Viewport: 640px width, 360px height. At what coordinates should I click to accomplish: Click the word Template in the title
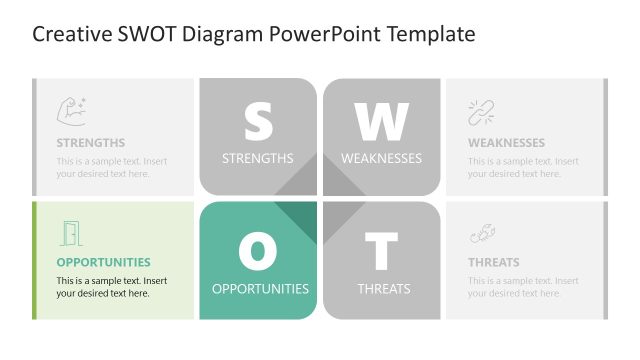click(x=425, y=35)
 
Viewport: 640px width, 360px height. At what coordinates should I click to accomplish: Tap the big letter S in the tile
click(x=258, y=121)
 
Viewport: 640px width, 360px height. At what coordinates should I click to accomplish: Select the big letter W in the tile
click(x=381, y=121)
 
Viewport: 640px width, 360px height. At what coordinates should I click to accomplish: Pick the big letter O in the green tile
click(x=258, y=251)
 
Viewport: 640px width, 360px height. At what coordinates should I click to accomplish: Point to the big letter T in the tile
click(x=381, y=251)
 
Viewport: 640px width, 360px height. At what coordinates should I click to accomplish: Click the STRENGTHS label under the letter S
click(x=258, y=158)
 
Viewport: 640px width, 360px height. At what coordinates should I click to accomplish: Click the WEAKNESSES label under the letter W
click(x=381, y=158)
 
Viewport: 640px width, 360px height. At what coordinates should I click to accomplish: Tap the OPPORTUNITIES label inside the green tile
click(x=260, y=289)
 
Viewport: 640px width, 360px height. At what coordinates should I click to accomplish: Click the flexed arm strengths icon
click(x=71, y=110)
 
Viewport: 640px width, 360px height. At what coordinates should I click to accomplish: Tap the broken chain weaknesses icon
click(x=482, y=112)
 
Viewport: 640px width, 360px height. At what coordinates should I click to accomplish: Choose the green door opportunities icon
click(x=70, y=234)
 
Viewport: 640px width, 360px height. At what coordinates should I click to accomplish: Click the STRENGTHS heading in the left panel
click(x=91, y=143)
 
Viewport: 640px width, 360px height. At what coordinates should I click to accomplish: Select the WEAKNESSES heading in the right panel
click(x=506, y=143)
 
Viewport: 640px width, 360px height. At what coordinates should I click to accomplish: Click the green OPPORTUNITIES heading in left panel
click(x=103, y=263)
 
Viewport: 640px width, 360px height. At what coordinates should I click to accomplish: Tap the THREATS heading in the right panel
click(x=494, y=263)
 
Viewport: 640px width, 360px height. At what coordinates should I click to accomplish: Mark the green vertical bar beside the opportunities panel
click(x=34, y=260)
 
